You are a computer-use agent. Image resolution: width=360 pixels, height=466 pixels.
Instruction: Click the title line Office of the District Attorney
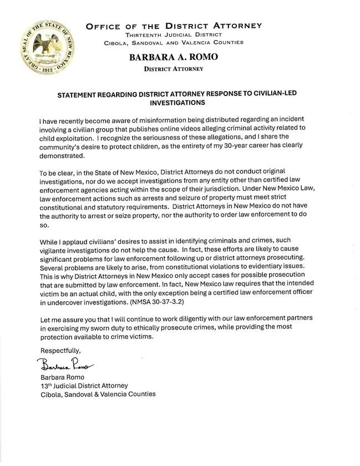(174, 26)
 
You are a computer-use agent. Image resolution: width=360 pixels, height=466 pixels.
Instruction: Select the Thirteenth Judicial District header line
(174, 34)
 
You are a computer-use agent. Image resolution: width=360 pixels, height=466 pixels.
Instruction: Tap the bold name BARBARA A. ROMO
(174, 57)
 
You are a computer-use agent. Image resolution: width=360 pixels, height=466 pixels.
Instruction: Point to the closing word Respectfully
(60, 351)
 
